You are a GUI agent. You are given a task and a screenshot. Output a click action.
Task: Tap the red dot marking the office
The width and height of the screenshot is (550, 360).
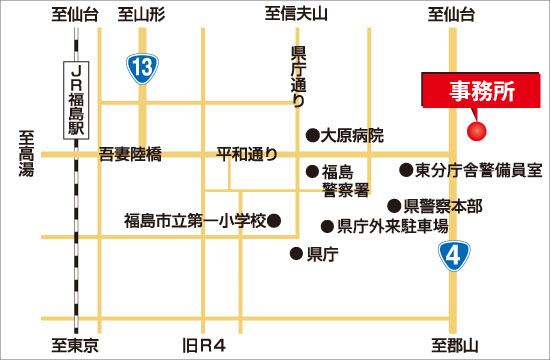[477, 131]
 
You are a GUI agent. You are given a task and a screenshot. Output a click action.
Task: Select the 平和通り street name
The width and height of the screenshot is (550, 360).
[246, 154]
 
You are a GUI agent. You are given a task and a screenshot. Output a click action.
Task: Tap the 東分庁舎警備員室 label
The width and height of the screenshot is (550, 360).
[478, 170]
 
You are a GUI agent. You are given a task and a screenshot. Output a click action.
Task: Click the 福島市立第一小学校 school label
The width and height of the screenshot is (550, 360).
[195, 220]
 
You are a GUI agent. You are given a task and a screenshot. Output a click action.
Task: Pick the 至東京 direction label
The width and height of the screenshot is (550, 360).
[75, 346]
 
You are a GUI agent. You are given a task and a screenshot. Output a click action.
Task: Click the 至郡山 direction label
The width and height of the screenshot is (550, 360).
[455, 346]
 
